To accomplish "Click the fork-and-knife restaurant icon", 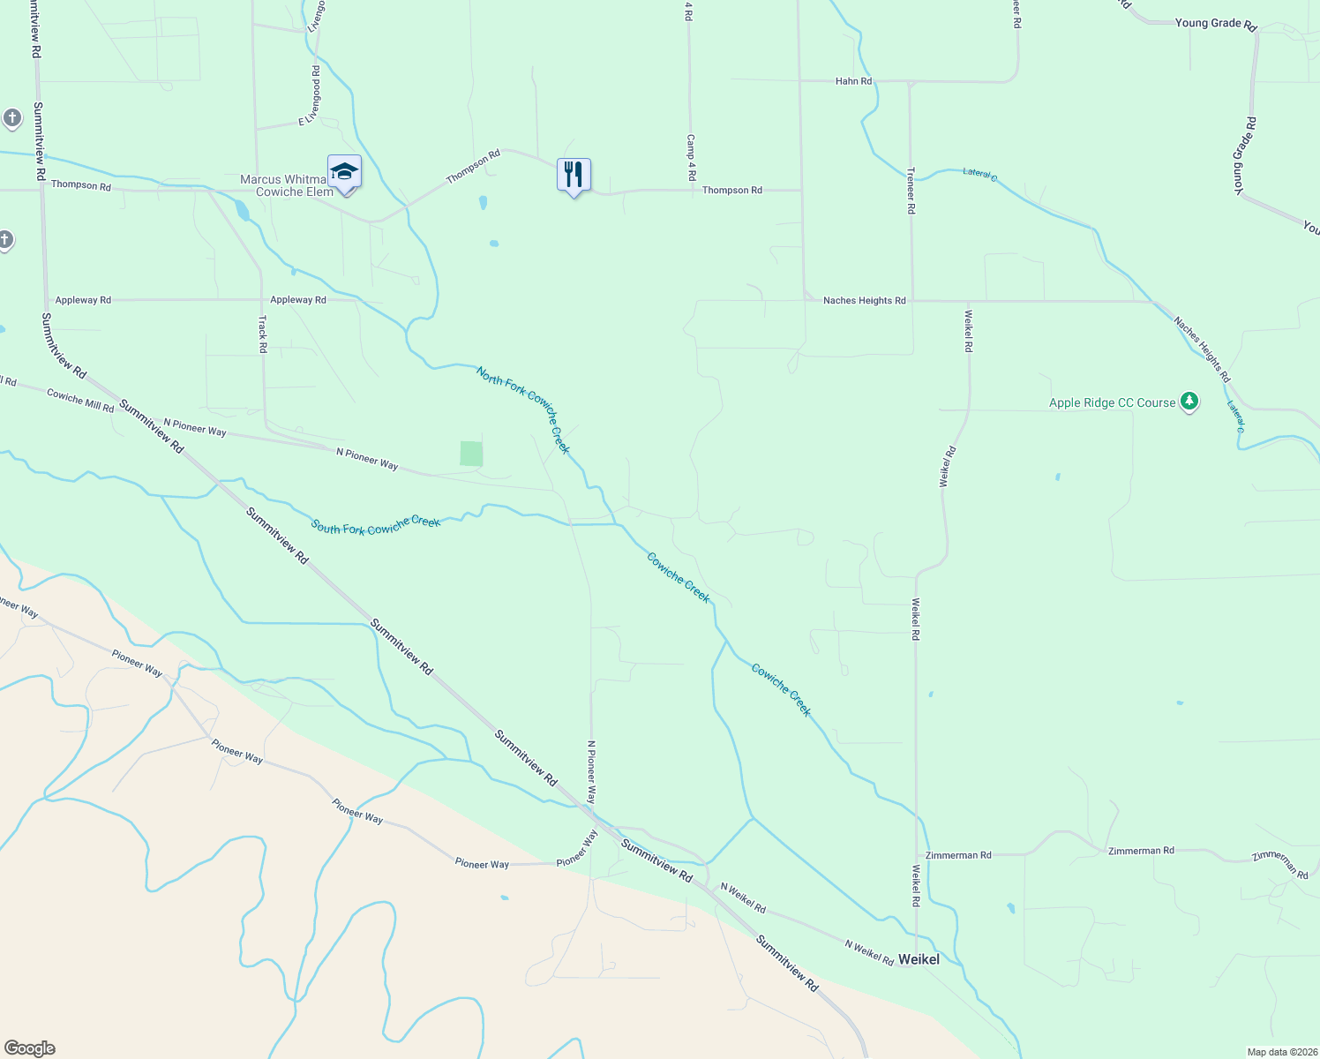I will tap(574, 175).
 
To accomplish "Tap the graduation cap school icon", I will tap(344, 173).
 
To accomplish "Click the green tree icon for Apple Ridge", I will tap(1189, 402).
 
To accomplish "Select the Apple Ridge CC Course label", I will tap(1112, 402).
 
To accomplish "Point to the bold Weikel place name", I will tap(919, 959).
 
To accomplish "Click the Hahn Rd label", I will tap(853, 81).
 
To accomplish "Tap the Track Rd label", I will tap(262, 334).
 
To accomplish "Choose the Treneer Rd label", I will tap(911, 191).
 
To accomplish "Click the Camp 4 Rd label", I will tap(690, 158).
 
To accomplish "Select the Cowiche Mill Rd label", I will tap(80, 401).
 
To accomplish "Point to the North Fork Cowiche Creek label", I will tap(523, 409).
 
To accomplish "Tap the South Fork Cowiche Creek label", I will tap(375, 525).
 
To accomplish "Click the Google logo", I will tap(29, 1048).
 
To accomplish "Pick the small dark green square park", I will tap(471, 454).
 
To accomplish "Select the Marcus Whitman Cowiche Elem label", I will tap(287, 185).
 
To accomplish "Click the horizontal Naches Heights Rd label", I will tap(864, 301).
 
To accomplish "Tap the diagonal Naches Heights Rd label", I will tap(1202, 349).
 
